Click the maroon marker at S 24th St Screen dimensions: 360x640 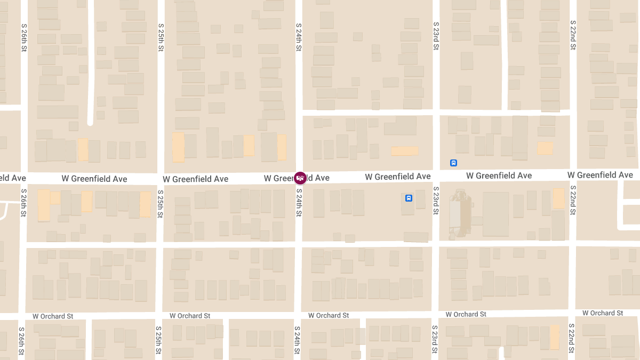pyautogui.click(x=300, y=178)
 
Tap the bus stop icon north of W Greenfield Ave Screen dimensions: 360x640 pyautogui.click(x=453, y=163)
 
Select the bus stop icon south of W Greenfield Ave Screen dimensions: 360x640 pyautogui.click(x=409, y=198)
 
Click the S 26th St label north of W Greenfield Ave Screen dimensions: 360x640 pyautogui.click(x=24, y=37)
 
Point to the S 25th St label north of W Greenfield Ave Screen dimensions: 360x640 pyautogui.click(x=161, y=37)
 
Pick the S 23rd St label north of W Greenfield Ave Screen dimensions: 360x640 pyautogui.click(x=436, y=36)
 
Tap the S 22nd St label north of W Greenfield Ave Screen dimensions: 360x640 pyautogui.click(x=573, y=35)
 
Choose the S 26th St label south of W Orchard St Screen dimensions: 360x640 pyautogui.click(x=22, y=341)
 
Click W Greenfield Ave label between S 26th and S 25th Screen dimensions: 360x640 pyautogui.click(x=94, y=179)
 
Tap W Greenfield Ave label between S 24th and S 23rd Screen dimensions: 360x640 pyautogui.click(x=397, y=177)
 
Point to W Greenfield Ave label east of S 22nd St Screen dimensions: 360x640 pyautogui.click(x=600, y=175)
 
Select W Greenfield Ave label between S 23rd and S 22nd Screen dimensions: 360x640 pyautogui.click(x=499, y=175)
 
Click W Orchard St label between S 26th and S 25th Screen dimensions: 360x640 pyautogui.click(x=53, y=316)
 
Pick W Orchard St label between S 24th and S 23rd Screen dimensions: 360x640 pyautogui.click(x=329, y=315)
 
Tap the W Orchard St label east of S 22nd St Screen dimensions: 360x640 pyautogui.click(x=603, y=313)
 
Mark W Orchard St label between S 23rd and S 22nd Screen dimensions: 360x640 pyautogui.click(x=466, y=314)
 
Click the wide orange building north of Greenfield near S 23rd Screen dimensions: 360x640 pyautogui.click(x=405, y=151)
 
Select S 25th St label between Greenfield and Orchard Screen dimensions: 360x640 pyautogui.click(x=161, y=203)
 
